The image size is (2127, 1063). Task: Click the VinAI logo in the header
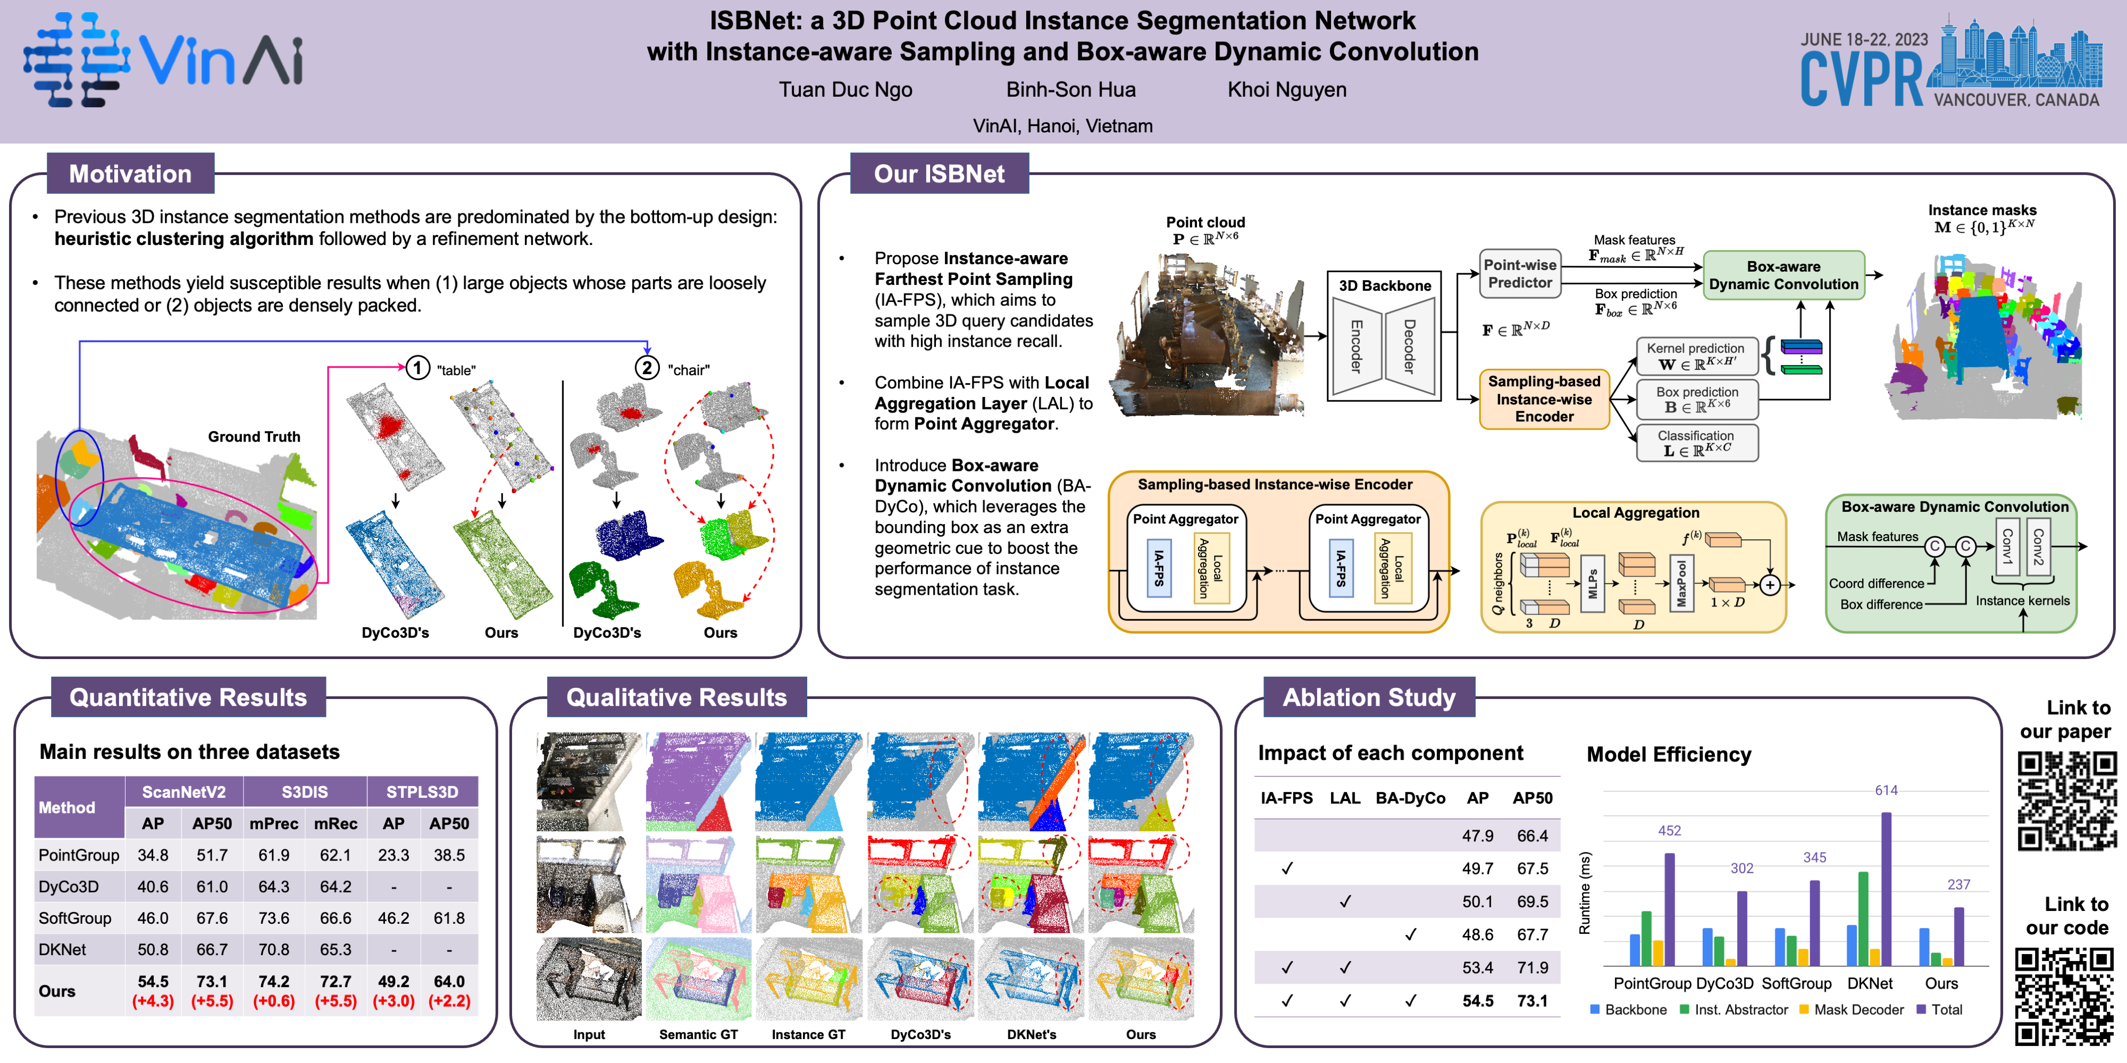pyautogui.click(x=163, y=60)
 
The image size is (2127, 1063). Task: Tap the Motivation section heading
pyautogui.click(x=130, y=173)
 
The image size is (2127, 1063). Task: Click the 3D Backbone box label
pyautogui.click(x=1385, y=285)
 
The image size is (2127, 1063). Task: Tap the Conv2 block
pyautogui.click(x=2038, y=546)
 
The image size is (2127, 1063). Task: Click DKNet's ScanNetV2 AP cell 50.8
pyautogui.click(x=153, y=949)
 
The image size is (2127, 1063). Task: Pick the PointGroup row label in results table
pyautogui.click(x=79, y=855)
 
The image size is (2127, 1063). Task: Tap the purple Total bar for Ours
pyautogui.click(x=1958, y=936)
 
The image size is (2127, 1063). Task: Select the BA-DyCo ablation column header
pyautogui.click(x=1410, y=798)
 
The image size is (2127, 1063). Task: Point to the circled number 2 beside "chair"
pyautogui.click(x=647, y=368)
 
